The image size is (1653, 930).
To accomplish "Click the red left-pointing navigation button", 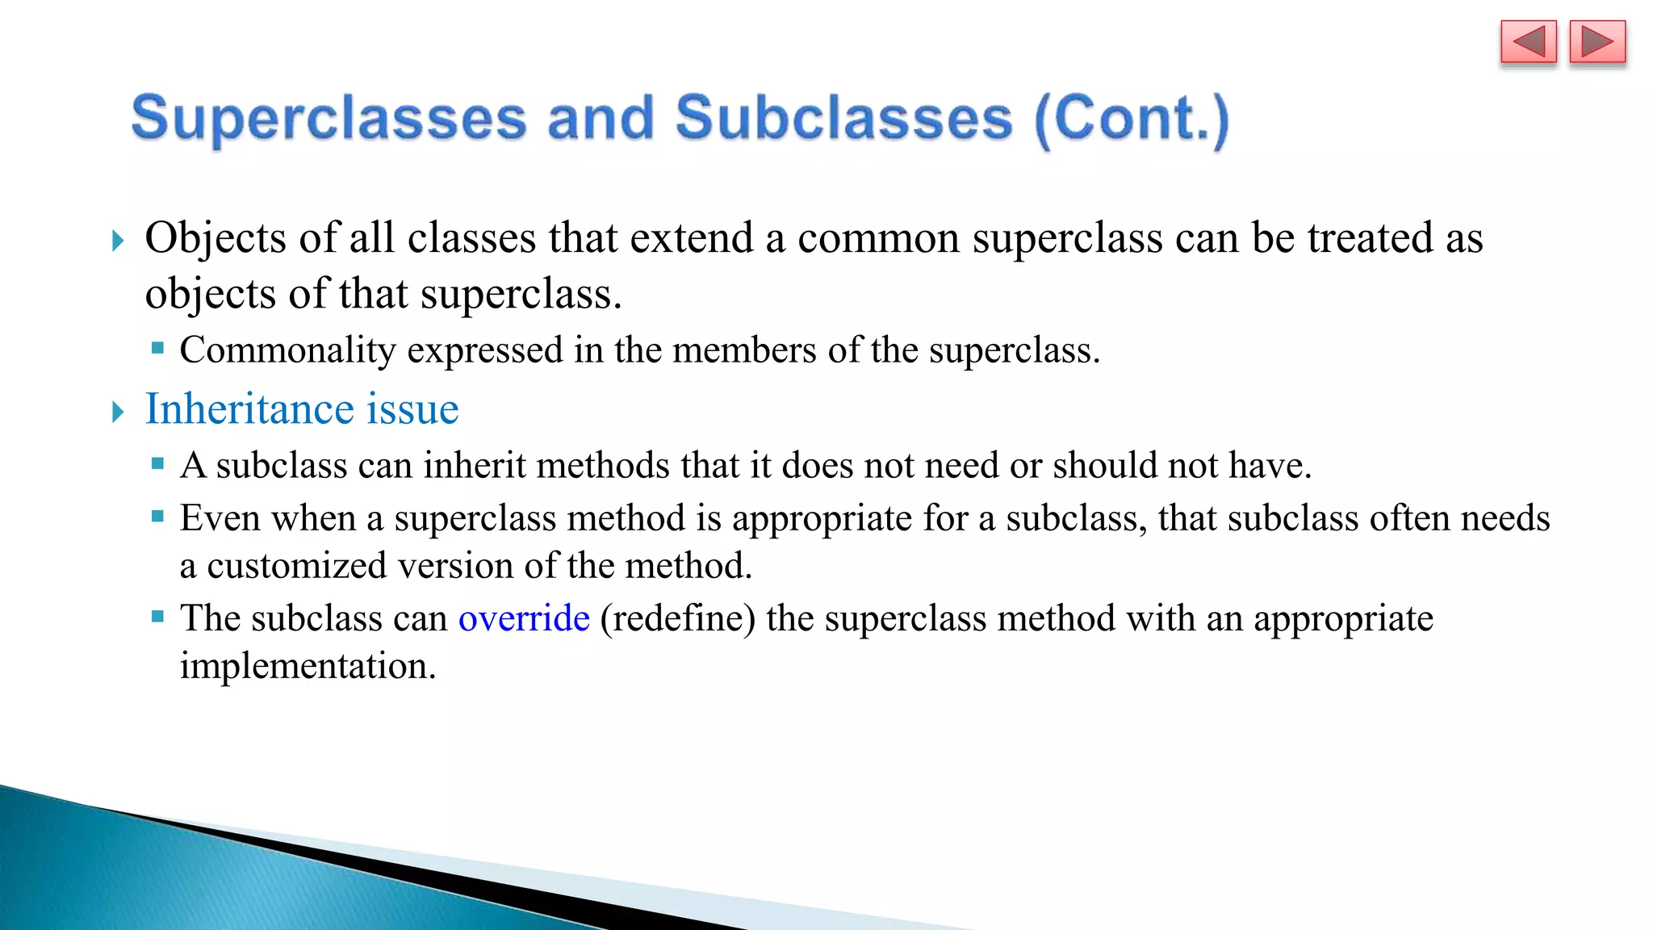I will pos(1528,42).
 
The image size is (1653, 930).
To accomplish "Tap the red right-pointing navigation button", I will pos(1597,42).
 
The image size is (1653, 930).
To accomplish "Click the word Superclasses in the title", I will pos(329,119).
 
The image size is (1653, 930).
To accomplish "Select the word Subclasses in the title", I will pos(843,119).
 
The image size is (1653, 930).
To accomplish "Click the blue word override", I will pos(524,618).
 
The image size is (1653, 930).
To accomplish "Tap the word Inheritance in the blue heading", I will pos(249,408).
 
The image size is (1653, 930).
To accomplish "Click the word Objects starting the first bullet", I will pos(216,238).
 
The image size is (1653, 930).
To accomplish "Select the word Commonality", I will pos(287,350).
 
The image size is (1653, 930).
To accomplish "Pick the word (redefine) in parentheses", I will pos(678,618).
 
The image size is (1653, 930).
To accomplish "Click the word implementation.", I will pos(308,666).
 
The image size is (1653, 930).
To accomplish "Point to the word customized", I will pos(296,565).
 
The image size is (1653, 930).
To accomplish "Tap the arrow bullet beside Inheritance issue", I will pos(118,412).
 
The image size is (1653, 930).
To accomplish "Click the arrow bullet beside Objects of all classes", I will pos(118,240).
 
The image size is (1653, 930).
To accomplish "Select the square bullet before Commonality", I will pos(157,349).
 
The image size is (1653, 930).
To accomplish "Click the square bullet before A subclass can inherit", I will pos(157,464).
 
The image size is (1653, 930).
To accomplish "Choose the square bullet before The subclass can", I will pos(157,617).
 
